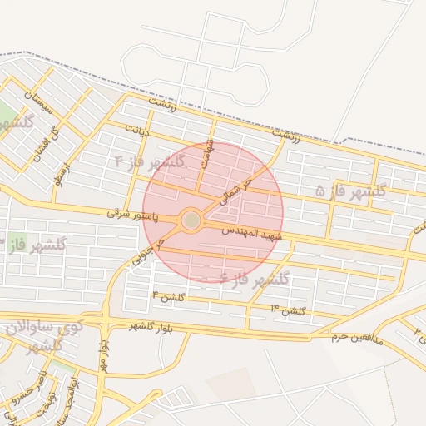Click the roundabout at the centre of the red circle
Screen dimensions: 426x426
191,220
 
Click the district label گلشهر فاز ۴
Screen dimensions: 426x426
149,161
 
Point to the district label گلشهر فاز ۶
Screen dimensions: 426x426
255,278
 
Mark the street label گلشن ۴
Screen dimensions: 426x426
168,296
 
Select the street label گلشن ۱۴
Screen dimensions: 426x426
288,310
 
